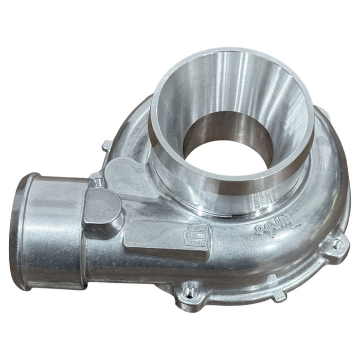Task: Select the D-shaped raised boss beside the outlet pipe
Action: click(103, 208)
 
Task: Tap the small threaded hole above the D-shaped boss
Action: click(97, 182)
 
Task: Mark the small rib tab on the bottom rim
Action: click(278, 295)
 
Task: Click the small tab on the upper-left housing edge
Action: click(105, 146)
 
